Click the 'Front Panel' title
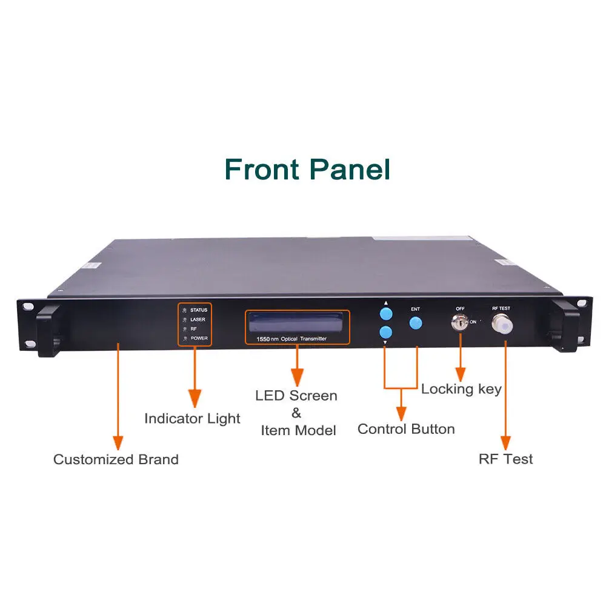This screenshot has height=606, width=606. tap(307, 169)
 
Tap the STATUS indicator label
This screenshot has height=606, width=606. tap(199, 310)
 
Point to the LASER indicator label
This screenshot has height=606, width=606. tap(198, 319)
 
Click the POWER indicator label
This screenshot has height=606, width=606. tap(199, 338)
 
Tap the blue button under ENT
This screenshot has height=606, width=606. tap(415, 322)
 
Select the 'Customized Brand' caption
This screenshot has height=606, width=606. tap(116, 459)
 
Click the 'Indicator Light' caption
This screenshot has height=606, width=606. tap(192, 418)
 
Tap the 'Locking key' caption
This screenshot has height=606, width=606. tap(461, 389)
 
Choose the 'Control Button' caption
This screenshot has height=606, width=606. tap(406, 429)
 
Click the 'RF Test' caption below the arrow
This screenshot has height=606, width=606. tap(506, 459)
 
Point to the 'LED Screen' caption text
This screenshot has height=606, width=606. tap(296, 396)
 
